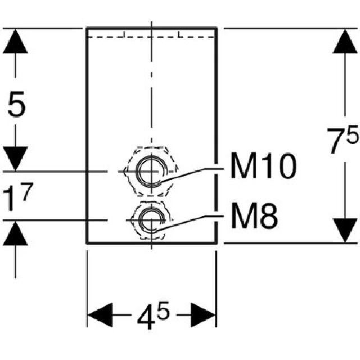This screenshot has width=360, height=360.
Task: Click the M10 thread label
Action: pos(263,167)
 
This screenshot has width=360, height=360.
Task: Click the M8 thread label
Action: pos(254,217)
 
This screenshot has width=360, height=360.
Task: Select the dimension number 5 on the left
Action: pos(17,105)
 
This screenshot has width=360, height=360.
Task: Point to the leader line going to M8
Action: pos(191,220)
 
